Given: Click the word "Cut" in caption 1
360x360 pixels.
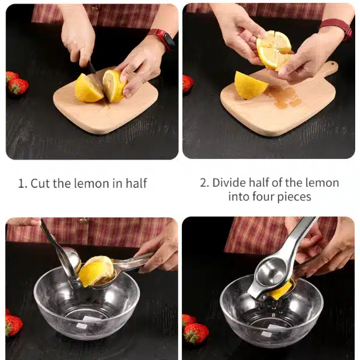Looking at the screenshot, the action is (x=40, y=184).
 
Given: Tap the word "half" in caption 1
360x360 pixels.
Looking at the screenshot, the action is (x=136, y=183).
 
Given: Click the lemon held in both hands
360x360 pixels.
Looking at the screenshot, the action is (x=274, y=51).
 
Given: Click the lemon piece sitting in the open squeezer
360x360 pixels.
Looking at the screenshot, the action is (x=97, y=271).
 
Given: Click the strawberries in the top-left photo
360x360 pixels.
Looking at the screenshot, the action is (x=17, y=82).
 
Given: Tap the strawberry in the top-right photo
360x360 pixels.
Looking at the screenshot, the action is (x=188, y=83).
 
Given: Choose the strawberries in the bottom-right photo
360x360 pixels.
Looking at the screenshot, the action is (x=194, y=329).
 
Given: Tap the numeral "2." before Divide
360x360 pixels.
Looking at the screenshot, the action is (x=205, y=183).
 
